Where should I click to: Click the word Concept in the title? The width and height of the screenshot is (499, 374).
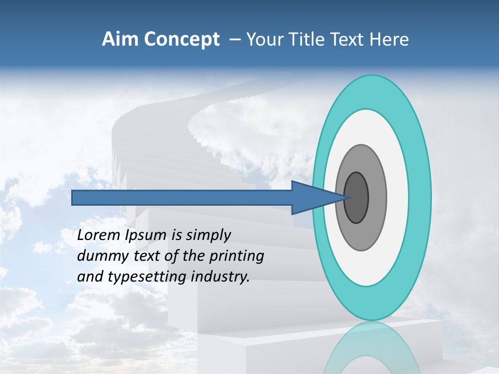[x=180, y=39]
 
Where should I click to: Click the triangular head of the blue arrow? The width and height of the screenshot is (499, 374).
[x=312, y=198]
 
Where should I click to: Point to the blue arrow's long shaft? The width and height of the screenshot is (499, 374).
[x=182, y=198]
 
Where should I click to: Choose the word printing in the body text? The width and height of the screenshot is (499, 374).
[x=238, y=256]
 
